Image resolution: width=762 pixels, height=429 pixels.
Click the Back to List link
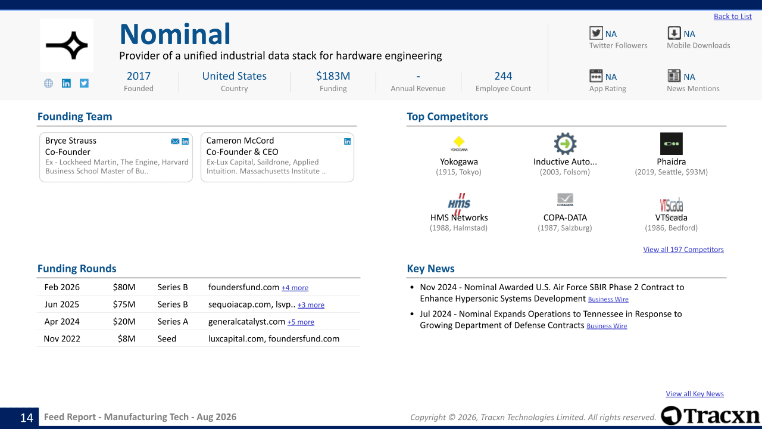(x=732, y=16)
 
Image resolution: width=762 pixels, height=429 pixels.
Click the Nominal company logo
(x=67, y=45)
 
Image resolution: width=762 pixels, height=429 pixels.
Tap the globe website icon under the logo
(x=48, y=83)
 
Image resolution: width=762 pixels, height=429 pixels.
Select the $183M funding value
(x=333, y=76)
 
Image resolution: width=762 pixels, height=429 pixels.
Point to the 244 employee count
(x=503, y=76)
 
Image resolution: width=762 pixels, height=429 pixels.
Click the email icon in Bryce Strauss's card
(x=175, y=141)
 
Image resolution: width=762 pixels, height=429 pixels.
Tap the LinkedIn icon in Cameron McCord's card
(x=347, y=141)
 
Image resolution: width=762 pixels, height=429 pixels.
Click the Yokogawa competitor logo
(x=459, y=144)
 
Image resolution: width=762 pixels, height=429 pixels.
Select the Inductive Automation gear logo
(x=565, y=144)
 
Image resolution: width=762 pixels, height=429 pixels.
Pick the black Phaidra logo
(x=671, y=144)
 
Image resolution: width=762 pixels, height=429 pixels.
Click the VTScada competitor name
(x=671, y=217)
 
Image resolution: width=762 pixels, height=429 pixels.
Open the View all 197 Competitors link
(x=683, y=250)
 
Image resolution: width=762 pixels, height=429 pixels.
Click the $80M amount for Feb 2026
(x=124, y=287)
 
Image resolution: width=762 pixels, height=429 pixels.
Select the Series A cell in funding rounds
(x=173, y=322)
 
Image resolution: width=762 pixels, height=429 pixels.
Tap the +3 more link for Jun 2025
(x=311, y=305)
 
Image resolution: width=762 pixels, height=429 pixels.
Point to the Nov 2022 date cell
(x=62, y=339)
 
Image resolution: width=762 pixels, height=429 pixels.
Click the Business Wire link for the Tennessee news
(x=607, y=326)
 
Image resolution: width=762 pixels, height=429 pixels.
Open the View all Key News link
(x=695, y=394)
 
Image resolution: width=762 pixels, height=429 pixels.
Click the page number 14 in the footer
(x=27, y=418)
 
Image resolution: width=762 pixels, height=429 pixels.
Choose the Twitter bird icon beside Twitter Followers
(x=596, y=33)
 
